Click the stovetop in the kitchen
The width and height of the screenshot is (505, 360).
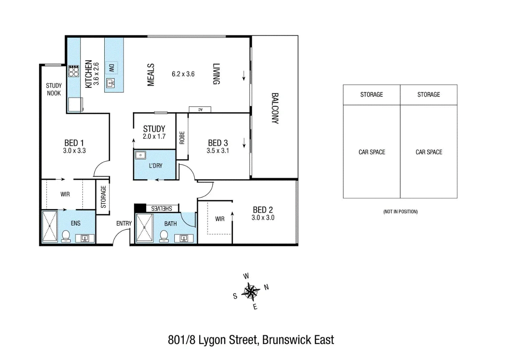(74, 71)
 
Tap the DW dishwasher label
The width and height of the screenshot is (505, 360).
(112, 68)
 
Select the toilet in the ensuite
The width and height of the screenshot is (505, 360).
(66, 236)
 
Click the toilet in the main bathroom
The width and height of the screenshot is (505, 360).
(164, 236)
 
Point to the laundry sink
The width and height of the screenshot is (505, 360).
(140, 155)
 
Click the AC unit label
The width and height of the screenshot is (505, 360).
(200, 109)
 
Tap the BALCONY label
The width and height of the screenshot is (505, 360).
(275, 108)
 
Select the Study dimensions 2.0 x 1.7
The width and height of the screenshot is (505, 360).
(154, 136)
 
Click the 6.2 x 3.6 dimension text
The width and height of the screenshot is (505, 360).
(183, 74)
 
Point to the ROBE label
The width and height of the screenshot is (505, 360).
(182, 138)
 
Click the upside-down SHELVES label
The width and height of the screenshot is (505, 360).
(162, 209)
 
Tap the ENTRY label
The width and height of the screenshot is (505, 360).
(124, 223)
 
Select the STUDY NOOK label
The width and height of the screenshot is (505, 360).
(54, 89)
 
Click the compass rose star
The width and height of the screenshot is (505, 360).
(251, 292)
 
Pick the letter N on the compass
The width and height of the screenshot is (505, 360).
(266, 287)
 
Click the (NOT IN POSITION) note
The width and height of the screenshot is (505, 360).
(400, 212)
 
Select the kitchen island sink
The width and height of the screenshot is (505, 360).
(111, 83)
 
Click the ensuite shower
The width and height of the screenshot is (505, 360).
(50, 226)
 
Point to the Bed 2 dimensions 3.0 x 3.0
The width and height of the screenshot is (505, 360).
(263, 218)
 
